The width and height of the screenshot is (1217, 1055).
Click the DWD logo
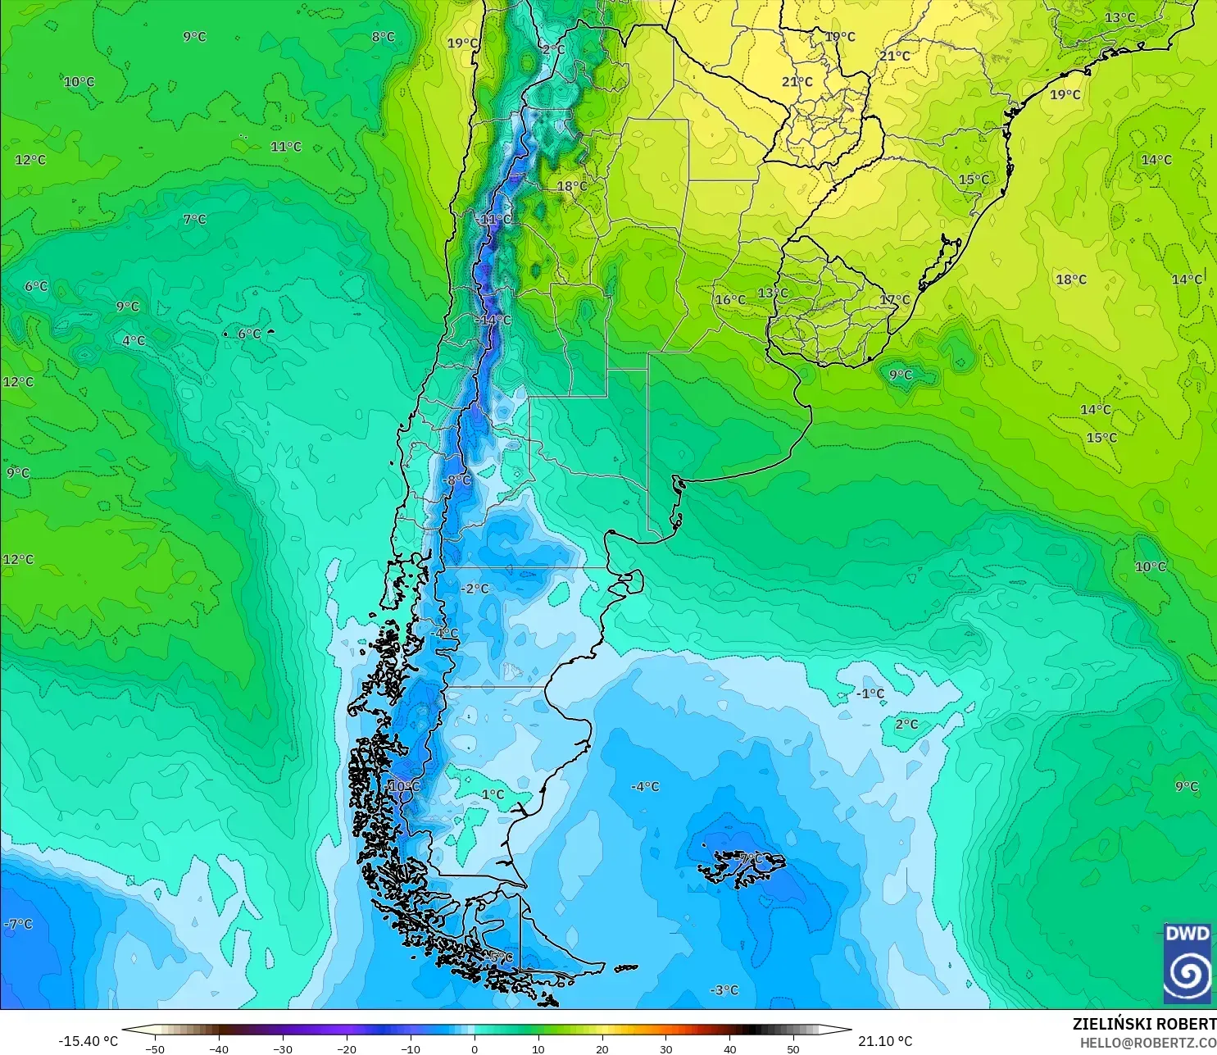click(x=1187, y=963)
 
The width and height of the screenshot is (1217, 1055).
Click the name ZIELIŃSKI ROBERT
click(x=1144, y=1024)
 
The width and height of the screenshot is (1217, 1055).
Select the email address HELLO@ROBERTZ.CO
click(x=1147, y=1043)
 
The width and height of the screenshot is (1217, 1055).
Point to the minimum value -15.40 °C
click(x=88, y=1041)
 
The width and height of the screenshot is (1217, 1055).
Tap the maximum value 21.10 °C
click(x=885, y=1041)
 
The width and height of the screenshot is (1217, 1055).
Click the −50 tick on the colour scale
click(x=154, y=1048)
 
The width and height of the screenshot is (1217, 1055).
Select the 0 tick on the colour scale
click(x=474, y=1048)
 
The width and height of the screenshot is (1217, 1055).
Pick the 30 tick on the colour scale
click(x=665, y=1048)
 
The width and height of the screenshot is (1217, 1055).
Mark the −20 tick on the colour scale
click(x=346, y=1048)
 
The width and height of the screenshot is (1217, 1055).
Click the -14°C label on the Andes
click(x=493, y=321)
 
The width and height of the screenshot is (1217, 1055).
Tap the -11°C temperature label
click(x=495, y=220)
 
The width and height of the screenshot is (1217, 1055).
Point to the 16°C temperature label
click(x=730, y=300)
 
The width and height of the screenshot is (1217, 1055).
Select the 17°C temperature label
click(x=895, y=300)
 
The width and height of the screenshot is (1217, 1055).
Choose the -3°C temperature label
click(x=724, y=990)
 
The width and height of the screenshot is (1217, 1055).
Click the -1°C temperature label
click(x=870, y=693)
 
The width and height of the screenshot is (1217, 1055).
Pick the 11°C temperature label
click(x=286, y=147)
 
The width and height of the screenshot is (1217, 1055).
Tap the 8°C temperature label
click(x=383, y=37)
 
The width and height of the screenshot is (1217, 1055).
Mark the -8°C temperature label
click(x=457, y=480)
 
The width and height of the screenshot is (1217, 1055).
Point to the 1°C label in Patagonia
click(x=493, y=794)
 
